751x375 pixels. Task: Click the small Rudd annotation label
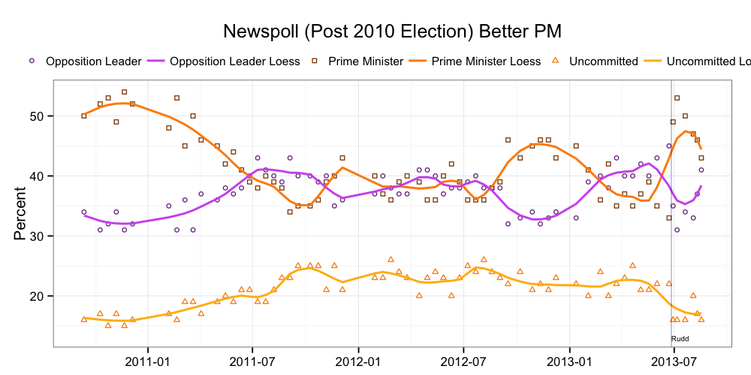tap(680, 339)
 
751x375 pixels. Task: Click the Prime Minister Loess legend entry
tap(485, 61)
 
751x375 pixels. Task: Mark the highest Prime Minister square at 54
tap(124, 92)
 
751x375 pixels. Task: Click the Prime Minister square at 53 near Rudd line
tap(677, 98)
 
